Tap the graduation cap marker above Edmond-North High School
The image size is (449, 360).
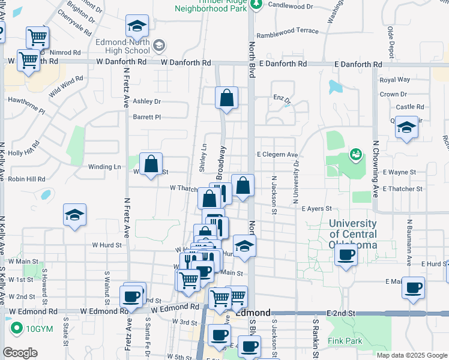coord(137,27)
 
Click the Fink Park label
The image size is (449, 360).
coord(345,341)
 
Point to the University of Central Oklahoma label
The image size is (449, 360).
coord(353,234)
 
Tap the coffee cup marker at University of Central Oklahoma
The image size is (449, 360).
coord(346,254)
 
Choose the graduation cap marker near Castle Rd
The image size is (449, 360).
coord(407,128)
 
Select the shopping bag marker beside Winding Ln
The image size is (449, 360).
coord(151,164)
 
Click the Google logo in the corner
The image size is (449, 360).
coord(20,353)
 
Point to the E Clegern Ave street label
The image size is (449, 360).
coord(277,155)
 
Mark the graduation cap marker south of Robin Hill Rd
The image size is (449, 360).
coord(74,215)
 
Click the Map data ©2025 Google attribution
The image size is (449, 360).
coord(411,355)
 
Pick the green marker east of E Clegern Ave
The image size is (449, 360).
coord(355,155)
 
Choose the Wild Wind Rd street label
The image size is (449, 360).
coord(66,87)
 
